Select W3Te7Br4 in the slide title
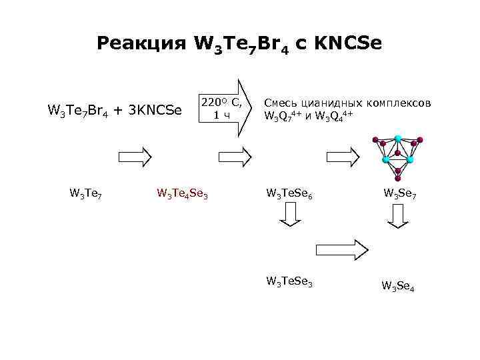coord(241,45)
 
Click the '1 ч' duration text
coord(221,115)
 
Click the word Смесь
coord(283,103)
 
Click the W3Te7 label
coord(85,193)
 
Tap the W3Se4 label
coord(398,287)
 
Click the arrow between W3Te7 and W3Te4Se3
coord(135,157)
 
